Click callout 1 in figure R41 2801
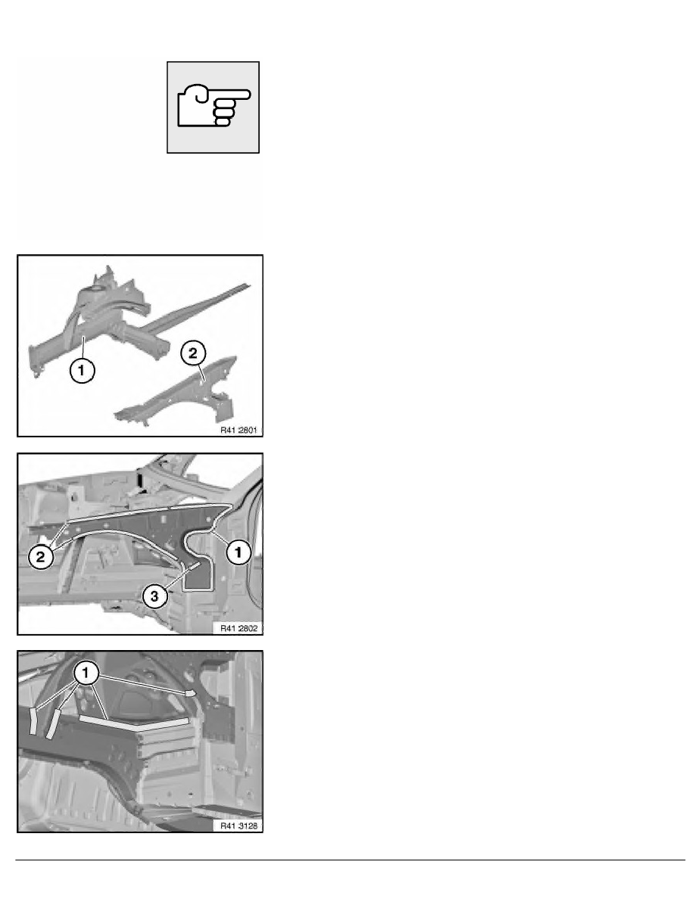[x=82, y=370]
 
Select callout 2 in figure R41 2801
[x=192, y=353]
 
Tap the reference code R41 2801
[x=238, y=430]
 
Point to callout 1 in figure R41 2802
[x=238, y=552]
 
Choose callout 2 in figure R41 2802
[x=41, y=557]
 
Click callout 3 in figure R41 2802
[x=155, y=597]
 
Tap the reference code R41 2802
[x=238, y=628]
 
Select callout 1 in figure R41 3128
[x=86, y=673]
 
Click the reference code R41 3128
[x=238, y=826]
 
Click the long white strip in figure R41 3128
[x=134, y=721]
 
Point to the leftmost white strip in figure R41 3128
[x=34, y=720]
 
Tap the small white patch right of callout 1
[x=191, y=693]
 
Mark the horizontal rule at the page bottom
[x=350, y=860]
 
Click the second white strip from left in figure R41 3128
[x=53, y=723]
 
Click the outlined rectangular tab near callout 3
[x=198, y=577]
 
